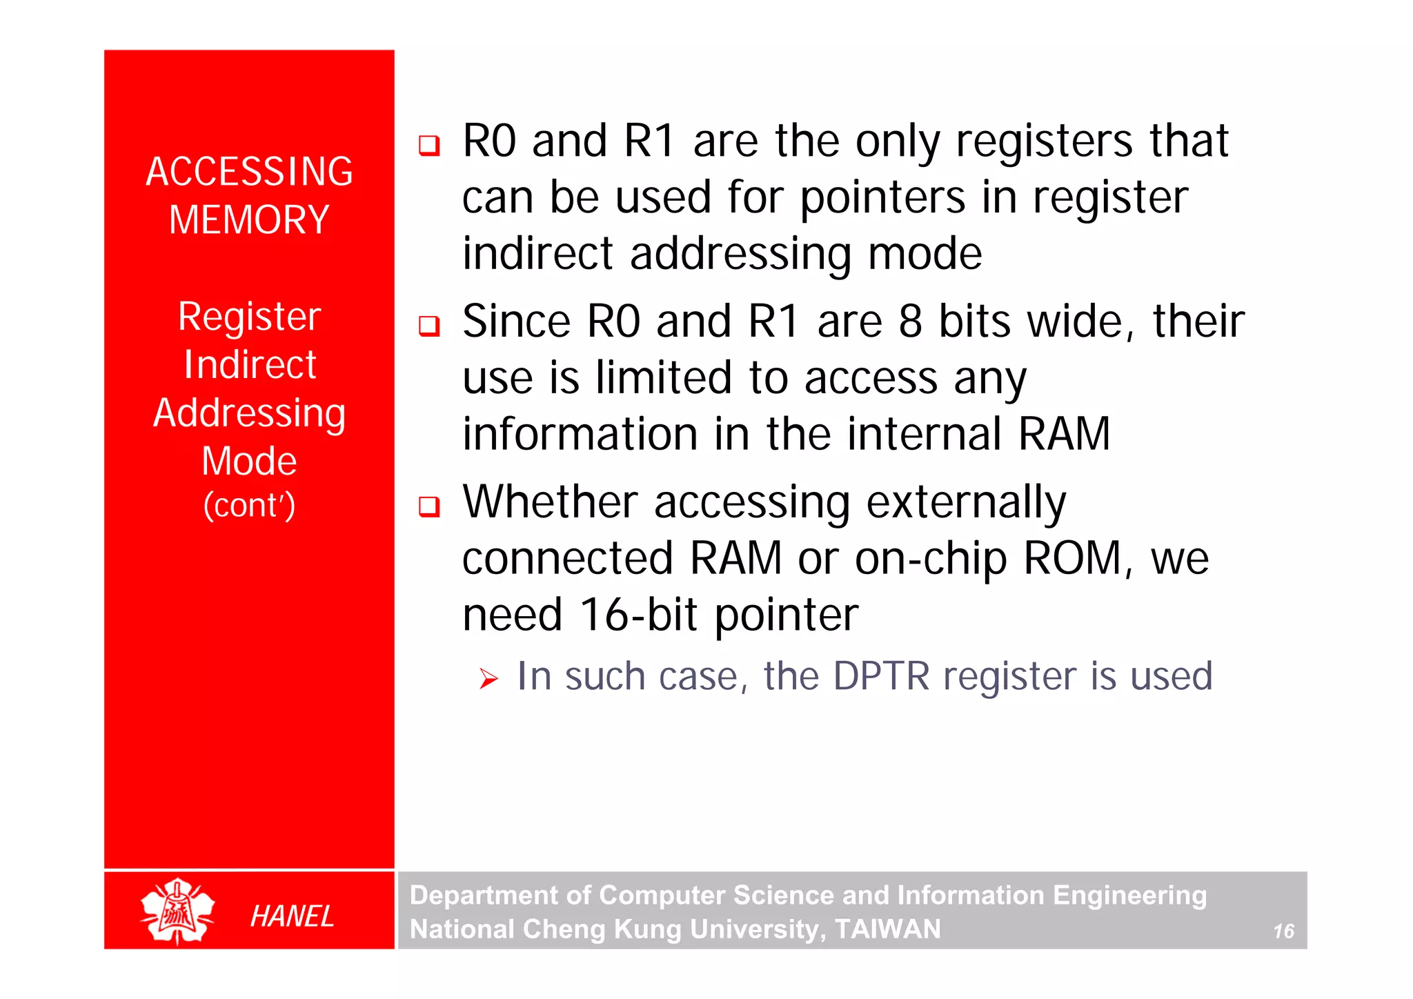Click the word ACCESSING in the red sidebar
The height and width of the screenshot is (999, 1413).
pyautogui.click(x=249, y=172)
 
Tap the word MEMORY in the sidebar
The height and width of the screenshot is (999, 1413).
pyautogui.click(x=249, y=220)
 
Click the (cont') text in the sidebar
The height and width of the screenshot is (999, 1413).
pyautogui.click(x=249, y=505)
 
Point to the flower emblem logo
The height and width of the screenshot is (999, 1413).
pyautogui.click(x=177, y=911)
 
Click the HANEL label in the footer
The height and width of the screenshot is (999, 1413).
pyautogui.click(x=292, y=916)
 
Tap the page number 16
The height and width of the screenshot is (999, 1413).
pyautogui.click(x=1283, y=931)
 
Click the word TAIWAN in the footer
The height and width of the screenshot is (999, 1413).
pyautogui.click(x=888, y=929)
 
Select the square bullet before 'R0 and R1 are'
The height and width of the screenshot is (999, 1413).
pyautogui.click(x=429, y=145)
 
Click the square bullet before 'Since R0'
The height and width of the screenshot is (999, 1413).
pyautogui.click(x=429, y=326)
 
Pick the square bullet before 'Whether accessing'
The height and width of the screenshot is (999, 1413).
pyautogui.click(x=429, y=506)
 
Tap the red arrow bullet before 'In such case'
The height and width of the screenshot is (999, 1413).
pyautogui.click(x=488, y=679)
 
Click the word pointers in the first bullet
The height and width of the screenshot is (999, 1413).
pyautogui.click(x=882, y=199)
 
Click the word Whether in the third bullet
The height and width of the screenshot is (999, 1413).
pyautogui.click(x=550, y=502)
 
